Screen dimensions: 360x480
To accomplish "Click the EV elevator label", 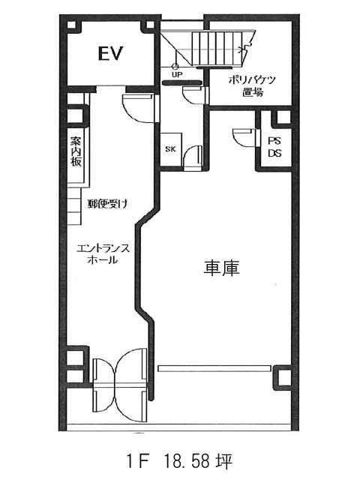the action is click(x=110, y=53).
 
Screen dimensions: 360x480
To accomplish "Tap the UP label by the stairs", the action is click(x=177, y=74).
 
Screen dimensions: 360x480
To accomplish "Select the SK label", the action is click(x=170, y=149).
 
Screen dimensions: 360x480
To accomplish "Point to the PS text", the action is click(x=274, y=141).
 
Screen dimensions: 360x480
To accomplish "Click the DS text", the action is click(x=274, y=153).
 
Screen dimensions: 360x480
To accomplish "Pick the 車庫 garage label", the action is click(x=221, y=268).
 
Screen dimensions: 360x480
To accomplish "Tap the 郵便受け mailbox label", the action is click(x=107, y=203).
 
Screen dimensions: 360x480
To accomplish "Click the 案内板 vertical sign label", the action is click(x=76, y=151).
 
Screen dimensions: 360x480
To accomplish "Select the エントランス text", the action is click(x=103, y=248).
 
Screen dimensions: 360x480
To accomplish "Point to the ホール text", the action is click(x=103, y=260).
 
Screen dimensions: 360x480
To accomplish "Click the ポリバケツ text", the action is click(x=252, y=80).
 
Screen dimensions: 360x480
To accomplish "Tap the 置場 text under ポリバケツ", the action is click(x=253, y=92).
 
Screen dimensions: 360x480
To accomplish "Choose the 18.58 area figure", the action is click(x=187, y=461).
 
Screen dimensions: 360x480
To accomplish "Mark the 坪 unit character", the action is click(x=224, y=461).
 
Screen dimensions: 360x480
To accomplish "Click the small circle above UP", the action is click(x=175, y=66).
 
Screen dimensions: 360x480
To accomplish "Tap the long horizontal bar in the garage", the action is click(x=214, y=368).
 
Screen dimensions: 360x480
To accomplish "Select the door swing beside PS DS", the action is click(x=244, y=136).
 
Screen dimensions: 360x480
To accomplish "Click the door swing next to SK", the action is click(x=193, y=157).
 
